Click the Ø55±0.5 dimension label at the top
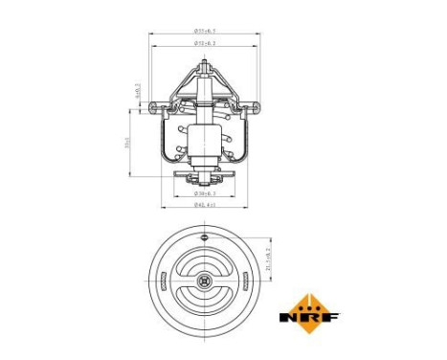pyautogui.click(x=204, y=32)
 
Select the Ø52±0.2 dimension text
pyautogui.click(x=204, y=43)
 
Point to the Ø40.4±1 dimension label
pyautogui.click(x=204, y=204)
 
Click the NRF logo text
pyautogui.click(x=303, y=316)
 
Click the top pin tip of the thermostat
pyautogui.click(x=205, y=63)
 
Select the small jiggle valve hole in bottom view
pyautogui.click(x=204, y=233)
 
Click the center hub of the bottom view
pyautogui.click(x=204, y=281)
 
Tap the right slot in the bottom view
pyautogui.click(x=245, y=281)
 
